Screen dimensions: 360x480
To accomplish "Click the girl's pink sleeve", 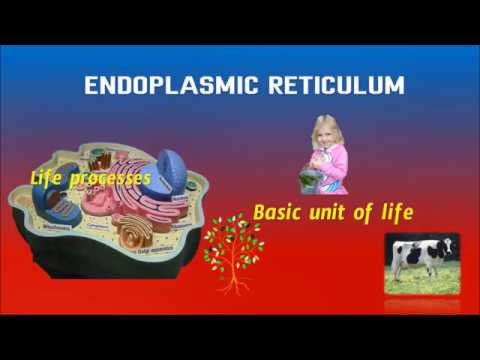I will (x=339, y=160).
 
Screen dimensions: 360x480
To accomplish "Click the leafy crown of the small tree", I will (x=232, y=238).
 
